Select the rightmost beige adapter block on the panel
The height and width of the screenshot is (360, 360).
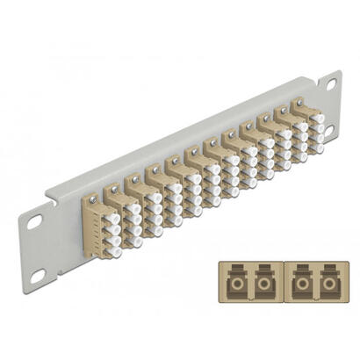pos(306,126)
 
